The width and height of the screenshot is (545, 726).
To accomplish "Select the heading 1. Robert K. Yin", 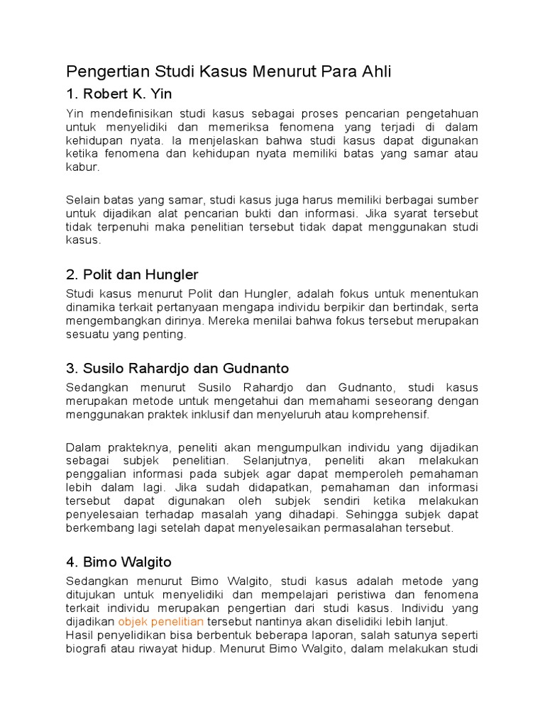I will point(119,94).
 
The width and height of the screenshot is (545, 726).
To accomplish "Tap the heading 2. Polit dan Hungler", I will point(132,274).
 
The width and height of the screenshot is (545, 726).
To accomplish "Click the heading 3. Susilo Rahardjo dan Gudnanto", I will point(177,368).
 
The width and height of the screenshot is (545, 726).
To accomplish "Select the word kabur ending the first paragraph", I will point(82,169).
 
